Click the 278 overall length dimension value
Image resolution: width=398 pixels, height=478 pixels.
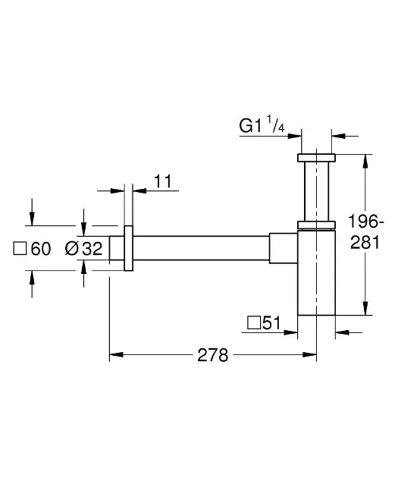[x=212, y=355]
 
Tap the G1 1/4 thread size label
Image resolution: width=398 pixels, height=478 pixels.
[x=262, y=124]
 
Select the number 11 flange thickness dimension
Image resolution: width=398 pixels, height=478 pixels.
[x=163, y=181]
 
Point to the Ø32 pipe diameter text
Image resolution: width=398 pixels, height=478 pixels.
[x=83, y=248]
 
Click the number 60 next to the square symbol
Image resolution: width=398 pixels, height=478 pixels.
[x=41, y=249]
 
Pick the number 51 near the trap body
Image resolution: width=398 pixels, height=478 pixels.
[x=271, y=322]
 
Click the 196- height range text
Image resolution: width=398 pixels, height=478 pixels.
[x=366, y=222]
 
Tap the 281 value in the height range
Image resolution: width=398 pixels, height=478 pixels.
[x=365, y=243]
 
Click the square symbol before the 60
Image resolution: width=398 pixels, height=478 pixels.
[x=20, y=249]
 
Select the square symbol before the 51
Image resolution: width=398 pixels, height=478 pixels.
[x=254, y=322]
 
